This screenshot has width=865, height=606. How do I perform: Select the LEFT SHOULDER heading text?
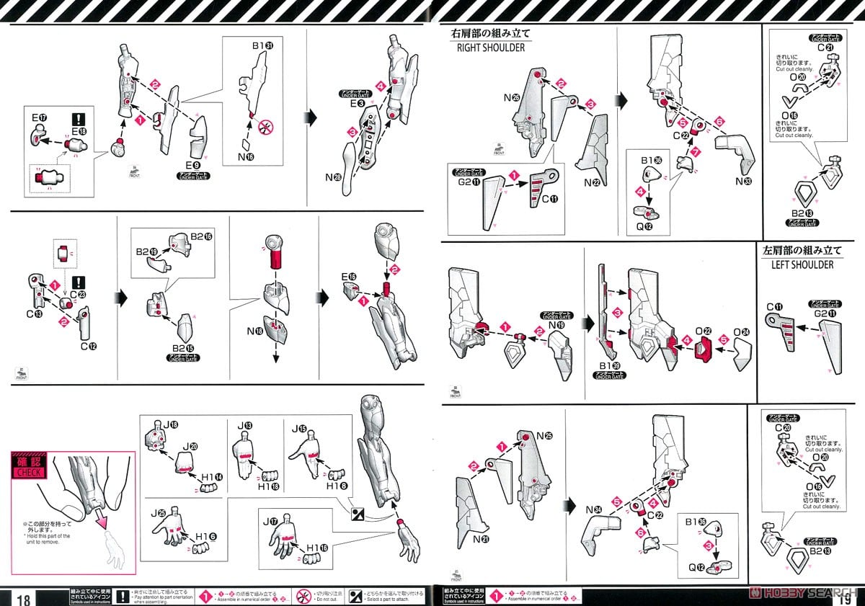click(802, 264)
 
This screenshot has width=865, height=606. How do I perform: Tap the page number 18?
click(23, 598)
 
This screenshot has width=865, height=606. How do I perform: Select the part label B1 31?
click(262, 47)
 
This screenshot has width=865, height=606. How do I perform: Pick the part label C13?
click(35, 313)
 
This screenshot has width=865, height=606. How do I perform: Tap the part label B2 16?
click(201, 236)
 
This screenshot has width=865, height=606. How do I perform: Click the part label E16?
click(350, 277)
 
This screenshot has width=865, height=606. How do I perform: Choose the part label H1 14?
click(213, 476)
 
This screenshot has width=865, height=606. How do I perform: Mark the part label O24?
click(741, 331)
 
